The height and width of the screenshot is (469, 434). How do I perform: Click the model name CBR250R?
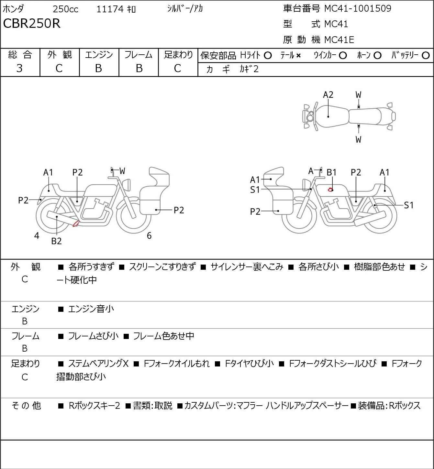tap(32, 23)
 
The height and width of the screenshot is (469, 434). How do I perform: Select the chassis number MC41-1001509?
tap(358, 8)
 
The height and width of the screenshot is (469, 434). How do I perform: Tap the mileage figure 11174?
tap(110, 9)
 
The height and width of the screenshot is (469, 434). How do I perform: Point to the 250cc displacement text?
tap(65, 9)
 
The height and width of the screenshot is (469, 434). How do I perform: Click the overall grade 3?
tap(19, 69)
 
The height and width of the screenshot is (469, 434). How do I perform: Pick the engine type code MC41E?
tap(339, 40)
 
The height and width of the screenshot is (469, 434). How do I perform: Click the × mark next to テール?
tap(298, 56)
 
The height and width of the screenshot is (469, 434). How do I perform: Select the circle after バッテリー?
tap(426, 56)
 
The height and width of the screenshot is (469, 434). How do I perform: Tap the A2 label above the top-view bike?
tap(328, 95)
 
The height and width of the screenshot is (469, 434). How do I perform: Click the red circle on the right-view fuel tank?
tap(330, 190)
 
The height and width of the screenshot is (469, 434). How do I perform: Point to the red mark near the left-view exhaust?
tap(76, 224)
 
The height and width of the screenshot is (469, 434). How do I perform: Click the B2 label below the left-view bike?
tap(57, 241)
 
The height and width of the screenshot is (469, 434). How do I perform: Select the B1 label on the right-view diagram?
tap(331, 173)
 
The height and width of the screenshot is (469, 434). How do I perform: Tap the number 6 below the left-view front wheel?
tap(149, 235)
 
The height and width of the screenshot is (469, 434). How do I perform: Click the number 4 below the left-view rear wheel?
tap(37, 235)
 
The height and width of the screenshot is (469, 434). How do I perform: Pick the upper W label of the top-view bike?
tap(358, 95)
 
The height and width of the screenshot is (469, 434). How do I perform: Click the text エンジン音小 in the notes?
tap(91, 309)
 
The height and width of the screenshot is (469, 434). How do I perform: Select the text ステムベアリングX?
tap(98, 364)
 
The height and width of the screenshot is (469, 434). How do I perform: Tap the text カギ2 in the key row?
tap(249, 69)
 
